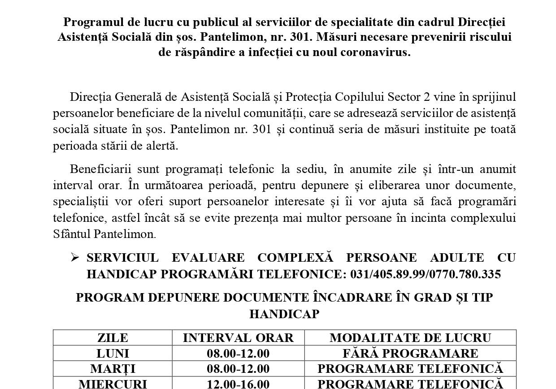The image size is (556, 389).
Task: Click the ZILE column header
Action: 113,338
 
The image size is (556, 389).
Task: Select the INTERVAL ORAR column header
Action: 238,338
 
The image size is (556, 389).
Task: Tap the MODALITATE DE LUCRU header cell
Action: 410,338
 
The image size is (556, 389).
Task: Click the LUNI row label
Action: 113,354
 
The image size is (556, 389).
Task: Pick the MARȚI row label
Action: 113,369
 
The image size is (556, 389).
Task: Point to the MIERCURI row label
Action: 113,384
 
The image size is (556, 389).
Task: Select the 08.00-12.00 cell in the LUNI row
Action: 238,354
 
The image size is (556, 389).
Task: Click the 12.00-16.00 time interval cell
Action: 238,384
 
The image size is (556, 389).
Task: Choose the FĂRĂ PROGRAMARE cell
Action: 410,354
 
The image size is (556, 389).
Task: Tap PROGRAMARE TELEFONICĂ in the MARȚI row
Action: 410,369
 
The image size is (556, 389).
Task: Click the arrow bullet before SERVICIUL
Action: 74,258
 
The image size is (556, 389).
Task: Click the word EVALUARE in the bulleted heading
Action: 208,258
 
